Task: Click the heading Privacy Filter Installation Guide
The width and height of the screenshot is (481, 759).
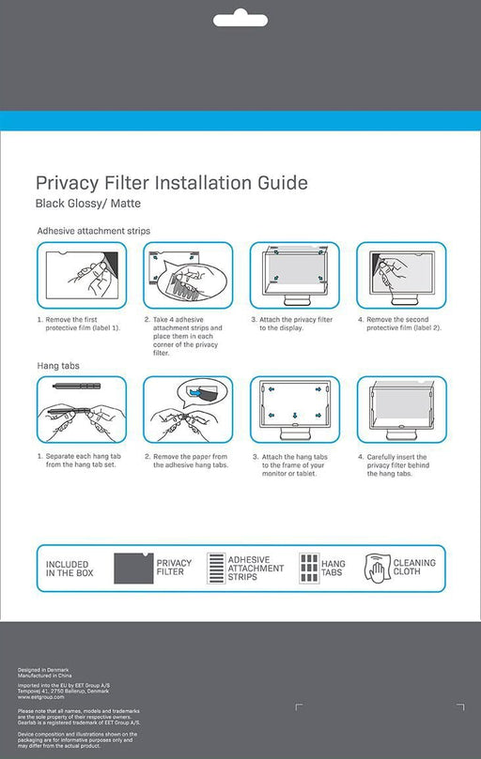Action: pyautogui.click(x=171, y=182)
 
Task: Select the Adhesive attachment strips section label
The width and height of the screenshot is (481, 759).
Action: pyautogui.click(x=93, y=231)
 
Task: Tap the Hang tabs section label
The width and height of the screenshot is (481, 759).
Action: pyautogui.click(x=58, y=363)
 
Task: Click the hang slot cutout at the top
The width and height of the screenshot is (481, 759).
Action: pyautogui.click(x=240, y=20)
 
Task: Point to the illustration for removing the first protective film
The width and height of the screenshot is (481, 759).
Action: pyautogui.click(x=82, y=275)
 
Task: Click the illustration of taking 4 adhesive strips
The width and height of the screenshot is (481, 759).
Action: pyautogui.click(x=189, y=275)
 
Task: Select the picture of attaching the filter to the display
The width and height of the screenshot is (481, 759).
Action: pyautogui.click(x=295, y=275)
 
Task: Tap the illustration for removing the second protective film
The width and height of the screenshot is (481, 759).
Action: pyautogui.click(x=401, y=275)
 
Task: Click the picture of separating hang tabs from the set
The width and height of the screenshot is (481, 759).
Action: pyautogui.click(x=82, y=410)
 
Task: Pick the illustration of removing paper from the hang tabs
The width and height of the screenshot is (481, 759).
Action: pyautogui.click(x=189, y=410)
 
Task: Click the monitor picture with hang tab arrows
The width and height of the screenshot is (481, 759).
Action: pyautogui.click(x=295, y=410)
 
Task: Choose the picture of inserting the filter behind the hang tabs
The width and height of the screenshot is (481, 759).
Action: pyautogui.click(x=401, y=410)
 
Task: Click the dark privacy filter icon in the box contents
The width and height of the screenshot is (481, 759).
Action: pyautogui.click(x=132, y=569)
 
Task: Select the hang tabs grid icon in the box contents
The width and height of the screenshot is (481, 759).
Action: pyautogui.click(x=307, y=569)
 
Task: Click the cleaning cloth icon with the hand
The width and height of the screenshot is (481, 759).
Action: pyautogui.click(x=377, y=569)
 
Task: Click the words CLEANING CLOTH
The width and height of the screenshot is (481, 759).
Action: pyautogui.click(x=414, y=568)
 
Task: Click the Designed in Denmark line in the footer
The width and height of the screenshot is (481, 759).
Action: pyautogui.click(x=39, y=670)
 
